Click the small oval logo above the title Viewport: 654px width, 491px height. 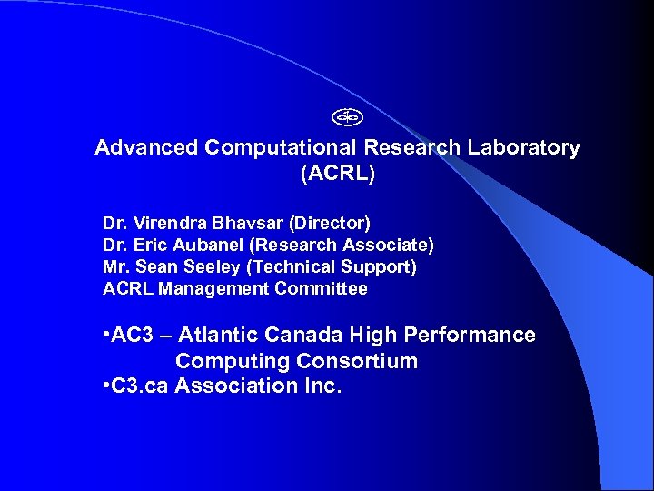[x=347, y=116]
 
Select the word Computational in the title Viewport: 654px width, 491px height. [x=282, y=148]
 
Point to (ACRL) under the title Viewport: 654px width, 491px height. [x=337, y=174]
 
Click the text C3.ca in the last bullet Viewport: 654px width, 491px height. [x=140, y=386]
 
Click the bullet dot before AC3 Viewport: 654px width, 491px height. [x=107, y=336]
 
